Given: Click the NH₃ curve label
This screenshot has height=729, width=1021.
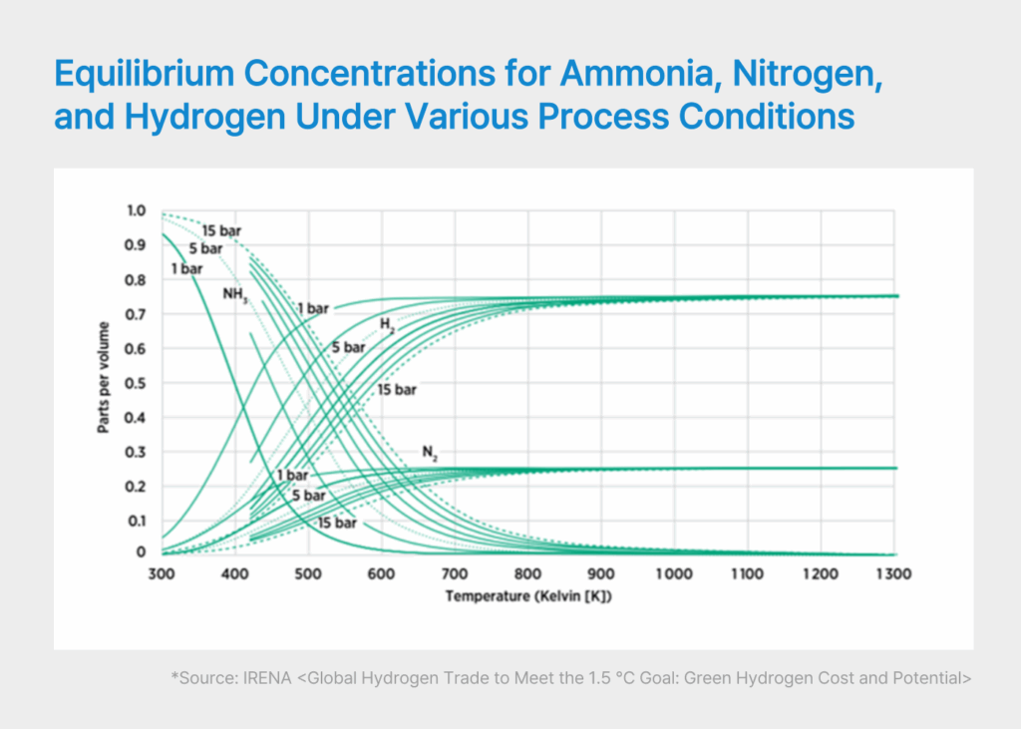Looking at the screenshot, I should [235, 295].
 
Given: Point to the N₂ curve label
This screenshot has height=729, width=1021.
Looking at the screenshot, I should [430, 453].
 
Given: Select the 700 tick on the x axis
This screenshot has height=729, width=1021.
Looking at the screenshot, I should [455, 575].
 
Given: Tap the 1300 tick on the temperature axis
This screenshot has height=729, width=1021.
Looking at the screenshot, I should [894, 575].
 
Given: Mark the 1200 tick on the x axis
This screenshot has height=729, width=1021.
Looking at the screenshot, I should [821, 575].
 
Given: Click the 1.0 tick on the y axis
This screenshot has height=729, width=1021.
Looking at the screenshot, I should [136, 210].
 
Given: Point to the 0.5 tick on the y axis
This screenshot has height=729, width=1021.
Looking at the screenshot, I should [136, 383].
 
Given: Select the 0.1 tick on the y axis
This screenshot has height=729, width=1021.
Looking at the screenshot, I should [136, 521].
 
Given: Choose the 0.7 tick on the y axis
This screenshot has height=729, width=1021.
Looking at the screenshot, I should [136, 314].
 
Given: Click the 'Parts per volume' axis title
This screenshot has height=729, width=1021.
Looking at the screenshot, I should [103, 382].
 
